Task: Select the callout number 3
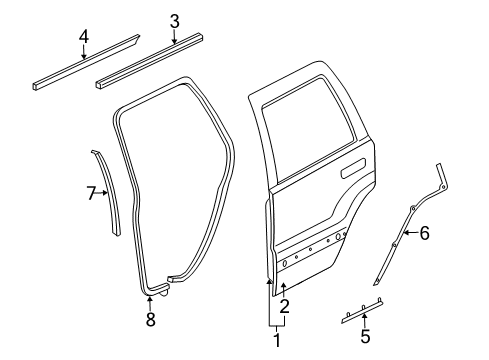tap(174, 21)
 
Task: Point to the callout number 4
tap(84, 37)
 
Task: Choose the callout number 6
tap(424, 261)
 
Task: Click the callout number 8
tap(150, 319)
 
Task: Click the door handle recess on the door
tap(354, 173)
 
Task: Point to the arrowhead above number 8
tap(150, 299)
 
